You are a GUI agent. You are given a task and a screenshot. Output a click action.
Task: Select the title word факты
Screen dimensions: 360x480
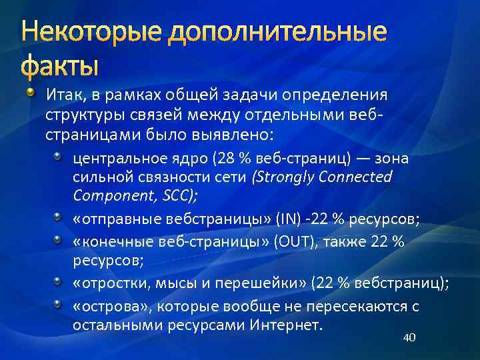(x=59, y=67)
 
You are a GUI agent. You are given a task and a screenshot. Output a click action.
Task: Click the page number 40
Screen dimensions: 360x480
(x=409, y=338)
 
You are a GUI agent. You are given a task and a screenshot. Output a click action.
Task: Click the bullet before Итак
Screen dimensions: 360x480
(x=33, y=91)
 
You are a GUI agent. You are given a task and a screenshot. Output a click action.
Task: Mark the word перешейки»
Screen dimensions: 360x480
(x=257, y=283)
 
